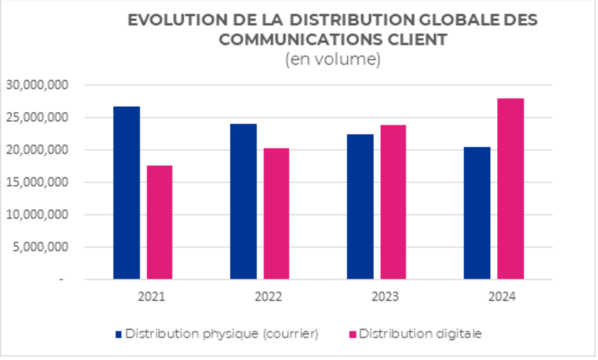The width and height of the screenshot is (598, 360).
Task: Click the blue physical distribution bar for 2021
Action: pyautogui.click(x=126, y=193)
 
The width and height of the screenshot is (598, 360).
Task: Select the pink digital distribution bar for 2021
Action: pyautogui.click(x=160, y=222)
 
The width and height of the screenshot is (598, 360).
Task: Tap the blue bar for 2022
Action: pyautogui.click(x=243, y=201)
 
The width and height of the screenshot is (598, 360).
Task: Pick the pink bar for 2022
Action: pyautogui.click(x=276, y=214)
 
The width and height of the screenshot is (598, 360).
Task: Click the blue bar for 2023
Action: pyautogui.click(x=360, y=207)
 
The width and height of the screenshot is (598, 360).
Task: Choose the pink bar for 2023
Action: pyautogui.click(x=393, y=202)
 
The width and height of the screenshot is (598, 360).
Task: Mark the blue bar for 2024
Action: pyautogui.click(x=477, y=213)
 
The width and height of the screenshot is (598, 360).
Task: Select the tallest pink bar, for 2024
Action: pyautogui.click(x=511, y=189)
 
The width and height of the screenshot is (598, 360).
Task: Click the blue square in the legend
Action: pyautogui.click(x=119, y=334)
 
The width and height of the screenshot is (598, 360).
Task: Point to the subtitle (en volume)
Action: pyautogui.click(x=333, y=60)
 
